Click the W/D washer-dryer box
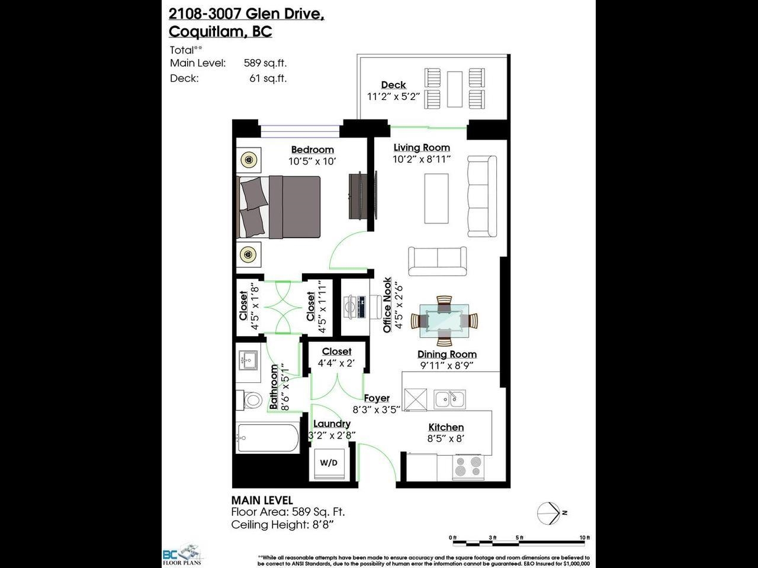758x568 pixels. tap(329, 463)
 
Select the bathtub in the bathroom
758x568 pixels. tap(268, 437)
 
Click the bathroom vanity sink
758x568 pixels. tap(248, 361)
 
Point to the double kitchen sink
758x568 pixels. tap(449, 399)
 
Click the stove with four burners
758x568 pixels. tap(468, 467)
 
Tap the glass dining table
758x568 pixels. tap(444, 321)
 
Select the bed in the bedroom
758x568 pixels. tap(278, 207)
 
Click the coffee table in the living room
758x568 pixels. tap(436, 198)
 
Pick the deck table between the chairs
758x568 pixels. tap(454, 89)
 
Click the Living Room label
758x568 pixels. tap(422, 147)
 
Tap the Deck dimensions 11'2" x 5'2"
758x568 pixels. tap(393, 96)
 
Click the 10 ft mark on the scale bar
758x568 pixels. tap(584, 538)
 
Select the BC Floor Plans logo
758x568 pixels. tap(182, 554)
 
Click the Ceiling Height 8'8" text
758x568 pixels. tap(282, 525)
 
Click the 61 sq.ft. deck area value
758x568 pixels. tap(268, 78)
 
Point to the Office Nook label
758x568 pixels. tap(387, 305)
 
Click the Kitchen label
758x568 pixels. tap(446, 427)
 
